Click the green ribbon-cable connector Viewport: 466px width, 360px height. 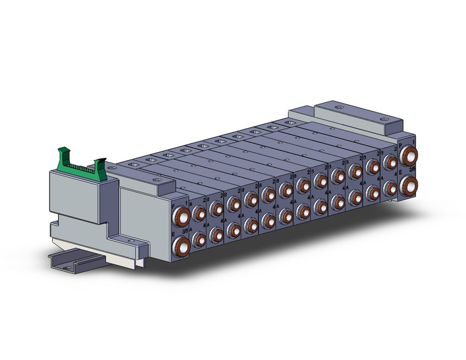click(80, 164)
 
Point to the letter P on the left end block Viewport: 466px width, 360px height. click(174, 199)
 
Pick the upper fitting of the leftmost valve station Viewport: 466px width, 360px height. click(199, 213)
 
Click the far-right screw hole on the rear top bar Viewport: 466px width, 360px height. click(384, 118)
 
